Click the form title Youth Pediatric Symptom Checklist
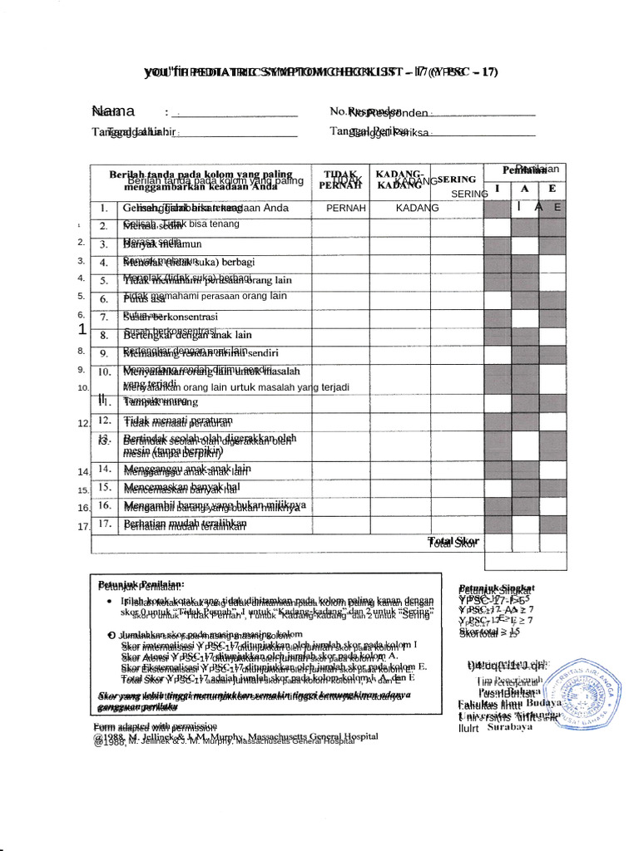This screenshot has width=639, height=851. point(320,71)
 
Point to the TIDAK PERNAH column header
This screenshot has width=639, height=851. point(337,180)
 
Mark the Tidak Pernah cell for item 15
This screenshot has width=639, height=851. point(341,487)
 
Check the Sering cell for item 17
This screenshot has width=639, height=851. point(457,524)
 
